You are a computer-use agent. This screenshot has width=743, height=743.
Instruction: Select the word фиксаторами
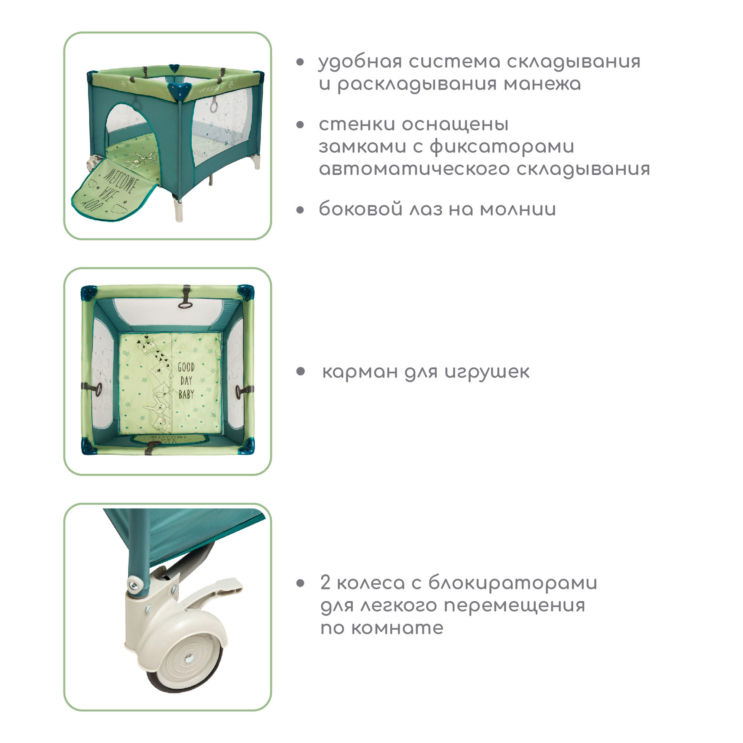(x=502, y=147)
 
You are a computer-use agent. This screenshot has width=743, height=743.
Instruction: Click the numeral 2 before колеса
(x=325, y=583)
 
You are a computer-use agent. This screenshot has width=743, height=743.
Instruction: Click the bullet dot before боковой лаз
(x=300, y=210)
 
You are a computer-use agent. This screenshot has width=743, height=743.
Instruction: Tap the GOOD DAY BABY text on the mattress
(x=186, y=381)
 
